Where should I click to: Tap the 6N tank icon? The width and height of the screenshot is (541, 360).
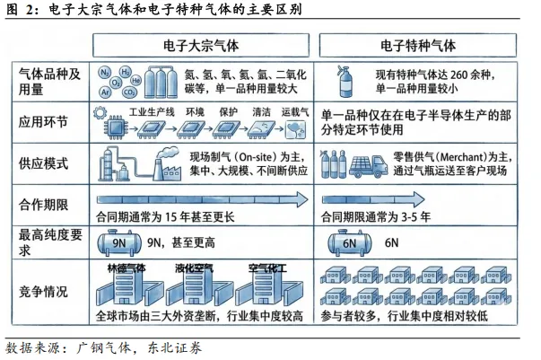point(351,242)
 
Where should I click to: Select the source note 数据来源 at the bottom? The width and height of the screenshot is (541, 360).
point(36,347)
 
